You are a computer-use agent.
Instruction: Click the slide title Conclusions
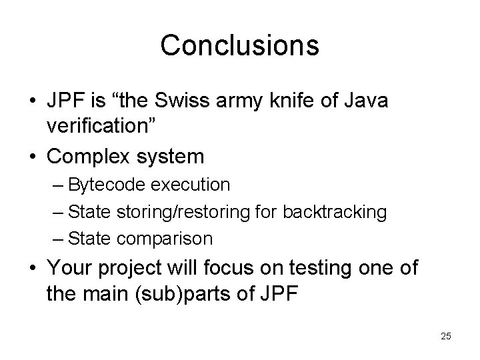point(239,45)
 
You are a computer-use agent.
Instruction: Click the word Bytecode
point(101,184)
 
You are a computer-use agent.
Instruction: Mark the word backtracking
point(335,211)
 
